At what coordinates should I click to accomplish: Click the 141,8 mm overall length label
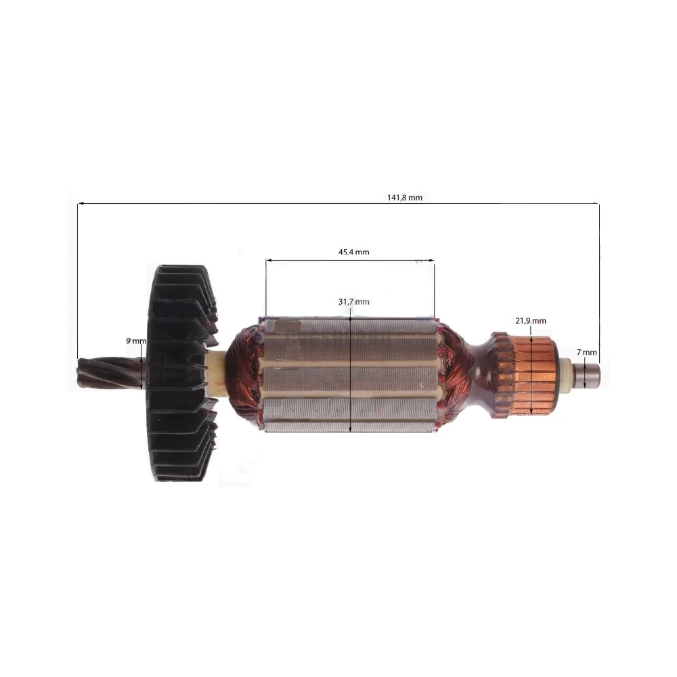[x=405, y=198]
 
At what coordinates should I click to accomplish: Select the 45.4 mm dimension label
[x=353, y=252]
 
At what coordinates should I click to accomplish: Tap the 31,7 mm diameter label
[x=353, y=302]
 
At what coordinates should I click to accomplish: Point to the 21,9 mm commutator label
[x=531, y=321]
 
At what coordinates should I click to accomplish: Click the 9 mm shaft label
[x=136, y=341]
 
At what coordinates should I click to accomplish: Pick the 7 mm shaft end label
[x=587, y=352]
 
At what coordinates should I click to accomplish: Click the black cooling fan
[x=182, y=373]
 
